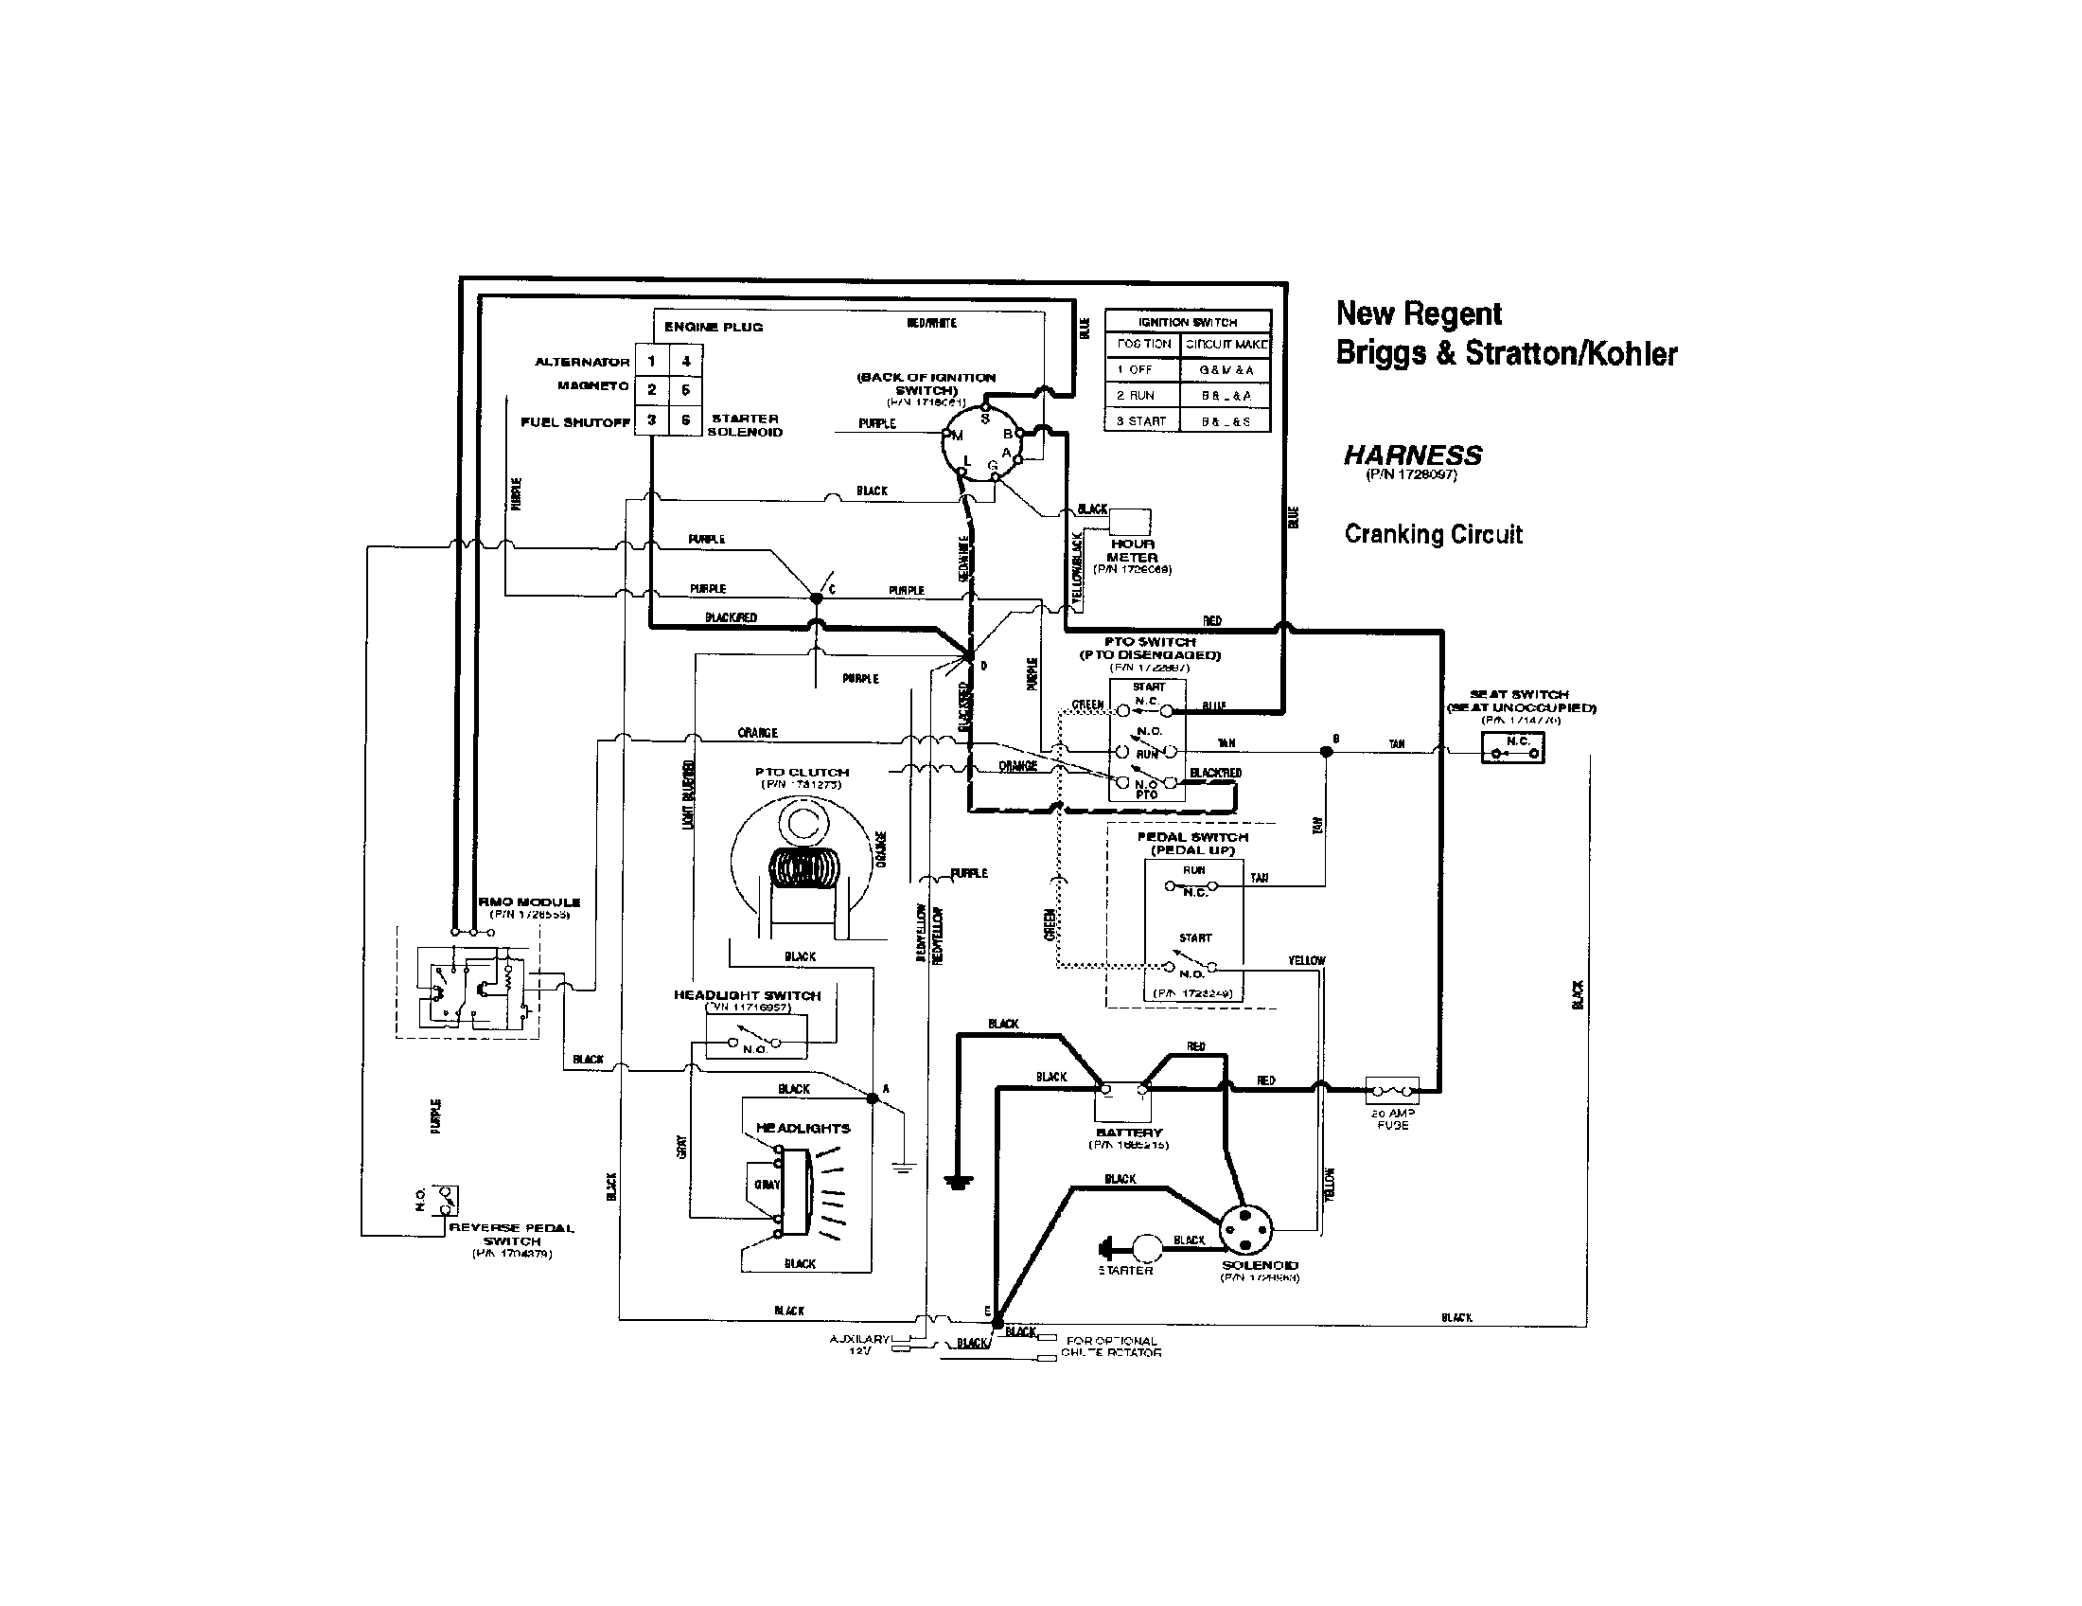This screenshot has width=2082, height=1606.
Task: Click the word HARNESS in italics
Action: (x=1413, y=455)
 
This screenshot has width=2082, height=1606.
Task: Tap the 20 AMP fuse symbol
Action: (x=1392, y=1088)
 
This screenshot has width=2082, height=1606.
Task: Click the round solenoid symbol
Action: (x=1246, y=1231)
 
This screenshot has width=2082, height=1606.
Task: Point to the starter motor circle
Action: (x=1146, y=1246)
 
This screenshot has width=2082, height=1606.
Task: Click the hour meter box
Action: (x=1130, y=522)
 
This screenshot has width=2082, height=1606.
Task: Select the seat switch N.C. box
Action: (x=1513, y=748)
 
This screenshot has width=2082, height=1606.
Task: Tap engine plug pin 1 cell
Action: (x=652, y=362)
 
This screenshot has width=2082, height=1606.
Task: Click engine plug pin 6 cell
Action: (x=685, y=419)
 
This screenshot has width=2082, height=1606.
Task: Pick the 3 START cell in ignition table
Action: (x=1142, y=420)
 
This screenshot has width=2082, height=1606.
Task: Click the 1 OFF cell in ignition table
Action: (x=1142, y=369)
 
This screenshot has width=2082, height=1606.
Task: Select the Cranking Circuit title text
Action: (x=1433, y=534)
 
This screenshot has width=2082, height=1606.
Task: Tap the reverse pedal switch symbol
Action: (x=444, y=1200)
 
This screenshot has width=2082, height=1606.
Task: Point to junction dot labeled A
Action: (x=872, y=1098)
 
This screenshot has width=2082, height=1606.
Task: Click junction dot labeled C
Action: (x=816, y=598)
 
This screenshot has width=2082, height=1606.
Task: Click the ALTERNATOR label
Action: (x=581, y=363)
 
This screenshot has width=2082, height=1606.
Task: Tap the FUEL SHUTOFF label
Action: (x=574, y=422)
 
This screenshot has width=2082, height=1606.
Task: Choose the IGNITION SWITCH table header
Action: (x=1187, y=321)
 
